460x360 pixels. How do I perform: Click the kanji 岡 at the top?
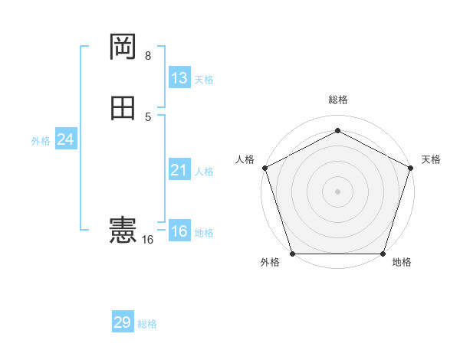(123, 47)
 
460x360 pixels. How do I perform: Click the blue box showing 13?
(179, 78)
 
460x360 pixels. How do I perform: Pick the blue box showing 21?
(179, 171)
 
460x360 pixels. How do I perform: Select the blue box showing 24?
(66, 140)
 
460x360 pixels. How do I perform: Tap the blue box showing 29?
(123, 322)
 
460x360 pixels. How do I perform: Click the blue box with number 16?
(179, 232)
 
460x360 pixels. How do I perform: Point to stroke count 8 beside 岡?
(148, 56)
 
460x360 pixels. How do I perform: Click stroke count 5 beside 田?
(148, 116)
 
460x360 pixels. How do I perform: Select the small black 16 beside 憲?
(147, 240)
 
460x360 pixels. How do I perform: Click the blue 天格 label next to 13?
(204, 80)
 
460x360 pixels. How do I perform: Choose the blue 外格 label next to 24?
(41, 141)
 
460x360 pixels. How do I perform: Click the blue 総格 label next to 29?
(147, 324)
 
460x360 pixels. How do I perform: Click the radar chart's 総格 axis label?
(338, 100)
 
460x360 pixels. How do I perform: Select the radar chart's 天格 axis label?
(431, 159)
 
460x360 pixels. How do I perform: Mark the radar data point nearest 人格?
(264, 168)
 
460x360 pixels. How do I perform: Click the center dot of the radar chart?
(337, 191)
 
